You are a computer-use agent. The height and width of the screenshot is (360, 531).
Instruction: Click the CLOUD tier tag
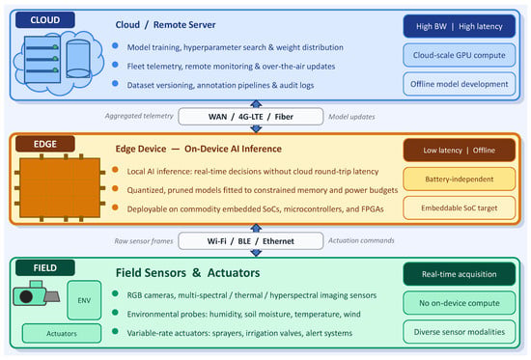coord(45,19)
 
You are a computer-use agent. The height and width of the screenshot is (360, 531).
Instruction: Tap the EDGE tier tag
coord(45,144)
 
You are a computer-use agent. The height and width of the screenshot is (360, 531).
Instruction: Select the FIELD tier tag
coord(45,268)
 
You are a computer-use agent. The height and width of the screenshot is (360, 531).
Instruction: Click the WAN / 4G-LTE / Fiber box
coord(251,117)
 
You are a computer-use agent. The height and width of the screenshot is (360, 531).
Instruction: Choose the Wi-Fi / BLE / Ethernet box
coord(251,240)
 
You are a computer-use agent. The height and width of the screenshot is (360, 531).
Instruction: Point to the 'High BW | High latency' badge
coord(460,26)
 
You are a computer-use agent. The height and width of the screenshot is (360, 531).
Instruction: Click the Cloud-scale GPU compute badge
coord(460,55)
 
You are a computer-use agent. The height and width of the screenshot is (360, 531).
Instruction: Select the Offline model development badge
coord(460,84)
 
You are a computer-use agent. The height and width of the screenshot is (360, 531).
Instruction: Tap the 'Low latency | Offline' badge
coord(460,150)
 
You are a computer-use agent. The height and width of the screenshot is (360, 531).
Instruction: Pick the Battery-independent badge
coord(460,179)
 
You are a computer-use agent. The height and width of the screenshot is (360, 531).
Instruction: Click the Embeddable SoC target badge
coord(460,208)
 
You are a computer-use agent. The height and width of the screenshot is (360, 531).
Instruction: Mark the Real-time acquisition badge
coord(460,274)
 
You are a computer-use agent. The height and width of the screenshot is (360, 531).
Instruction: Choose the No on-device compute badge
coord(460,303)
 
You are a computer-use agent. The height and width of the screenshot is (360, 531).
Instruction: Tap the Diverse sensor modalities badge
coord(460,332)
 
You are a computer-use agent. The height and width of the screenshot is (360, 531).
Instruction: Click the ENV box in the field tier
coord(84,300)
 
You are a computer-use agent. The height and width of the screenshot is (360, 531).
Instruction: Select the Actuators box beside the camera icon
coord(62,333)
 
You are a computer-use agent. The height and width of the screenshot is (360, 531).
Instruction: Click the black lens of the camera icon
coord(26,296)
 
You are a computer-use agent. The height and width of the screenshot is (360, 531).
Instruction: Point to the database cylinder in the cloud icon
coord(78,59)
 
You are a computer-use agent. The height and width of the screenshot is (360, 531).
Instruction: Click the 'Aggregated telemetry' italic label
coord(139,116)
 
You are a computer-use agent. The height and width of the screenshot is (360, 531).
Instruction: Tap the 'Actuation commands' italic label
coord(361,240)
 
